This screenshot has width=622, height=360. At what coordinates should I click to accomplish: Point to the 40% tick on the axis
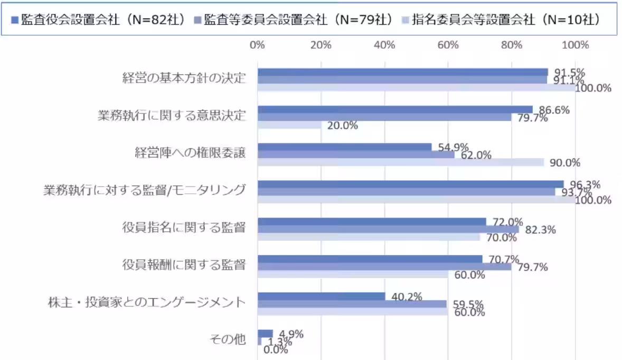click(384, 45)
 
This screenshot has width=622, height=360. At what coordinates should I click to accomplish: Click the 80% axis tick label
click(512, 45)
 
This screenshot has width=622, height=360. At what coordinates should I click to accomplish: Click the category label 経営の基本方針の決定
click(184, 79)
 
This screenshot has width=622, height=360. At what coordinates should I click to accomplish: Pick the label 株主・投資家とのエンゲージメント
click(146, 302)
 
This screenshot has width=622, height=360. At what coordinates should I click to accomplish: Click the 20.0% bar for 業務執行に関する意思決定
click(289, 125)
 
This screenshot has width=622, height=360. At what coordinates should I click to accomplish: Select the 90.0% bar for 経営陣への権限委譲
click(400, 162)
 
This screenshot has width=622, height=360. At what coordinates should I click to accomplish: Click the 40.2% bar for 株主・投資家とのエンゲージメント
click(321, 296)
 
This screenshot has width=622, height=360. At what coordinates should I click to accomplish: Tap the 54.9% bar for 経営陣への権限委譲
click(344, 147)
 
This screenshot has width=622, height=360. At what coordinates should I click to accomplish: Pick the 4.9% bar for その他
click(265, 333)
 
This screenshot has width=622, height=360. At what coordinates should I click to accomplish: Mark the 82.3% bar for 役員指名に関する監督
click(388, 229)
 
